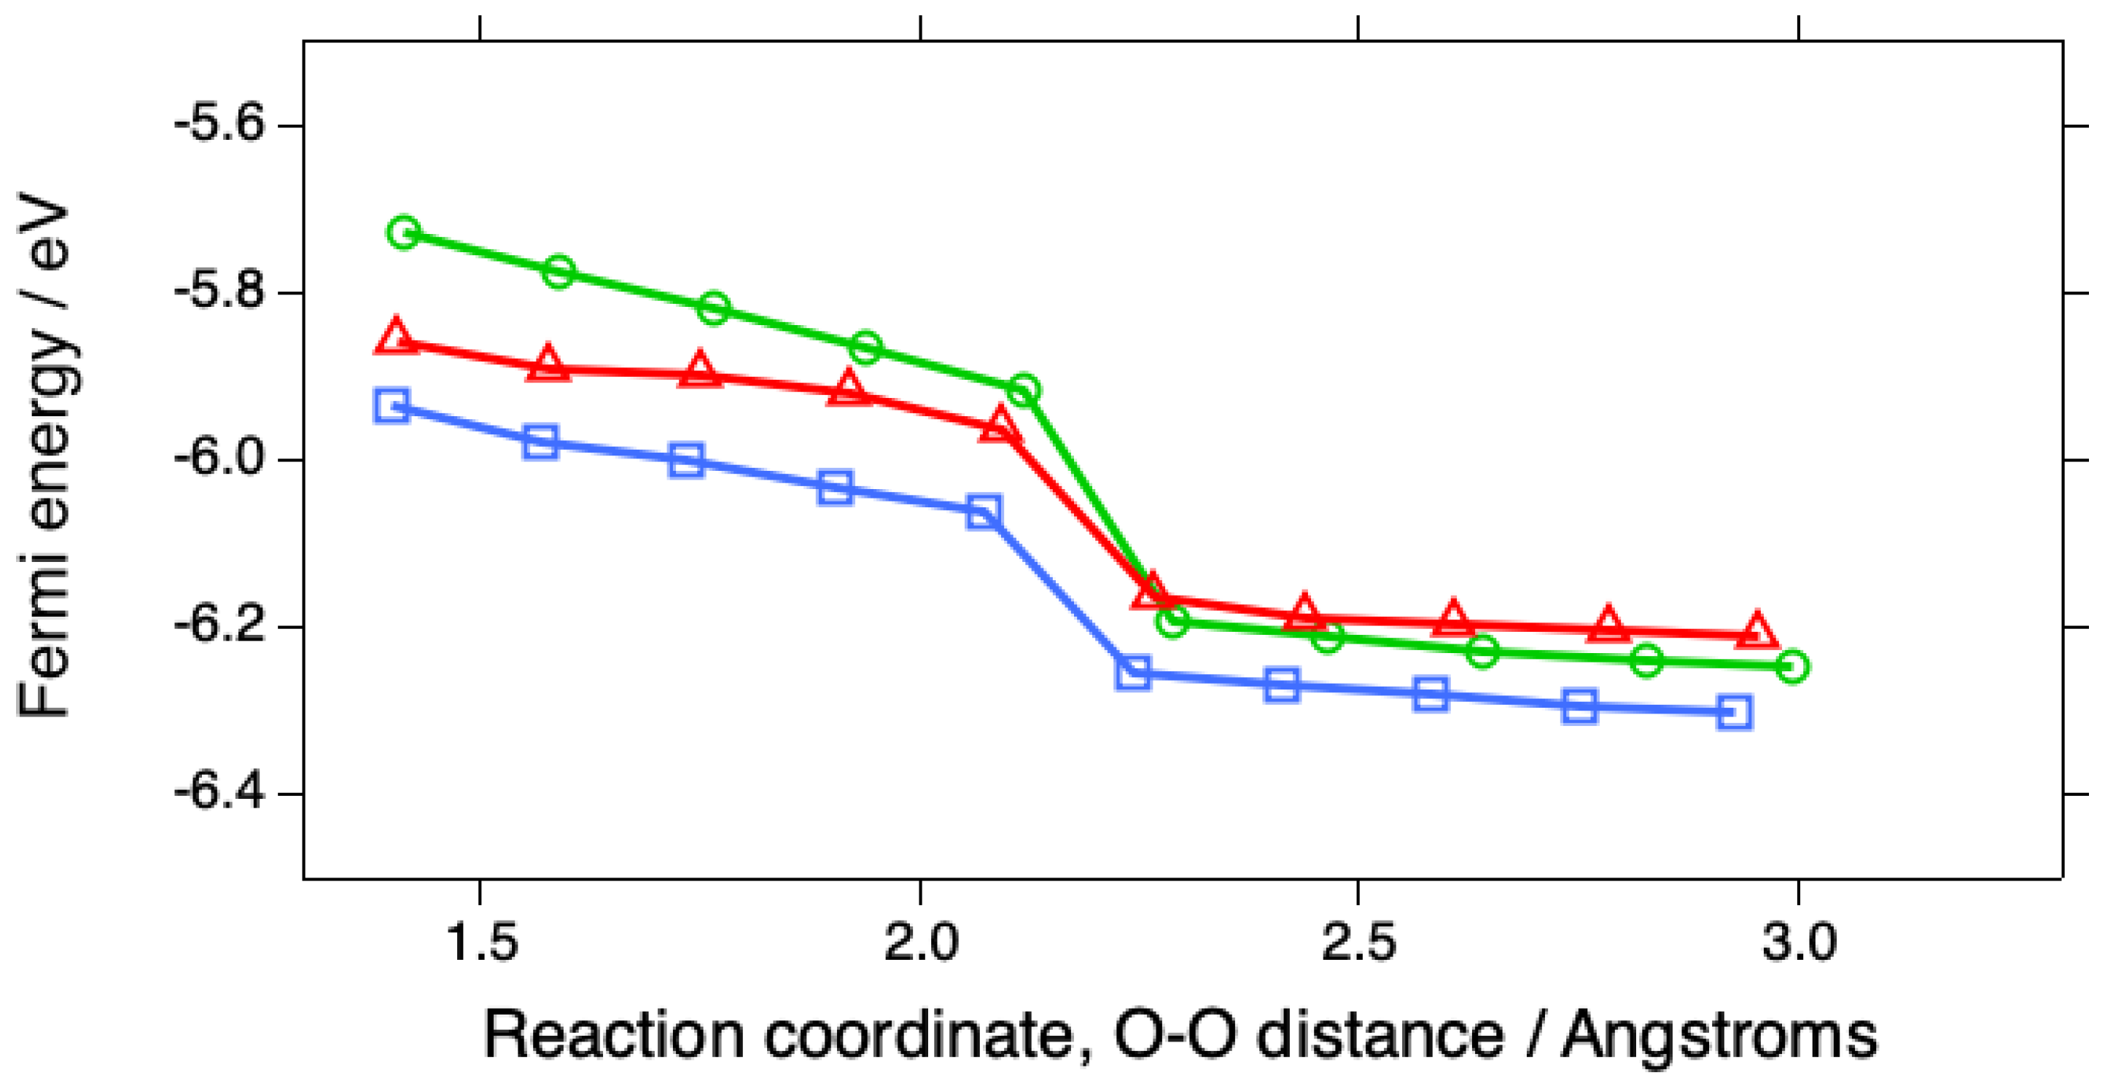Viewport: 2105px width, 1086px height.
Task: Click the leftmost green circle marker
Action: [403, 233]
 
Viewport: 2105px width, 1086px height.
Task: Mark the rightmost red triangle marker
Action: [1756, 632]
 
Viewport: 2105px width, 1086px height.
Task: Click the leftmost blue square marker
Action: [392, 405]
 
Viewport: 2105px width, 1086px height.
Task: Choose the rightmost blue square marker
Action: [1734, 713]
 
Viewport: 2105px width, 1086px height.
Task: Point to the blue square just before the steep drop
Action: [984, 512]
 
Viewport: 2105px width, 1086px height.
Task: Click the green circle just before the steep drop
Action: [1023, 390]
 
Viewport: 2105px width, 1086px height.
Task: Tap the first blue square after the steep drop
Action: [1133, 673]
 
